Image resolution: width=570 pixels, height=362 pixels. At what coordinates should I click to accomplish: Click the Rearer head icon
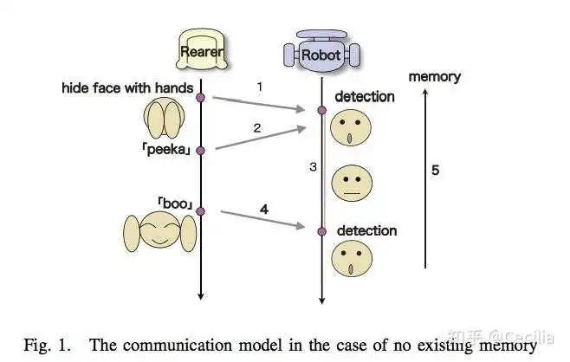coord(202,49)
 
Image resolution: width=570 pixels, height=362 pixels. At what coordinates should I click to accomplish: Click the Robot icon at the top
coord(321,51)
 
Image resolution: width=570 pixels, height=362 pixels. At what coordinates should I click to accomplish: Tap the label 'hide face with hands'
coord(127,88)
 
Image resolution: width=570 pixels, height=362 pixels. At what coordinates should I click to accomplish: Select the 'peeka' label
coord(166,149)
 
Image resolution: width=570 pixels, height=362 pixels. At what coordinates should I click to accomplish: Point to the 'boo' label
coord(175,204)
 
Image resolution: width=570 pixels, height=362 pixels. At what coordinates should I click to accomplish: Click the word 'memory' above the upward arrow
coord(434,77)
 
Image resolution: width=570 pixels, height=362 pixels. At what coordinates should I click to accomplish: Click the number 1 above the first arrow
coord(260,87)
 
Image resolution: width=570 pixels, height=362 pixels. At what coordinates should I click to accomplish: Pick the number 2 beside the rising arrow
coord(257,128)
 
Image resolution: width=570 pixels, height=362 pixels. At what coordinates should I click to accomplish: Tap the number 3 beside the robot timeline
coord(313,167)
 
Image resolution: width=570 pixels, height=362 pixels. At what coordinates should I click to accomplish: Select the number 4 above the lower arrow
coord(264,209)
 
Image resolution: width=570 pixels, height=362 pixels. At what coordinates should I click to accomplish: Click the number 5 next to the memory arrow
coord(435,170)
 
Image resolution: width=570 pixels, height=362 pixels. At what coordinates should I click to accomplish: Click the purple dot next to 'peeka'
coord(200,150)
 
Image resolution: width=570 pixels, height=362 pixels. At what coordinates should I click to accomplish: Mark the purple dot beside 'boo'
coord(200,211)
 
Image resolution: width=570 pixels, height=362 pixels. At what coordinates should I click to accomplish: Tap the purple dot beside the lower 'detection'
coord(321,231)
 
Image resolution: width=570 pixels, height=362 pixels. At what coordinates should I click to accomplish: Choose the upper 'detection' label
coord(365,97)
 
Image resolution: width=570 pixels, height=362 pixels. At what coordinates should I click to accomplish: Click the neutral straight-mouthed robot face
coord(352,184)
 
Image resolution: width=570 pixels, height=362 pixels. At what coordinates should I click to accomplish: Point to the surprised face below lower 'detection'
coord(352,258)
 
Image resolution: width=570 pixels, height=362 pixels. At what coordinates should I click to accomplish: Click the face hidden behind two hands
coord(165,118)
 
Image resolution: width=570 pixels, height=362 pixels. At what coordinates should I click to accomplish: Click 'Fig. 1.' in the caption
coord(47,345)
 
